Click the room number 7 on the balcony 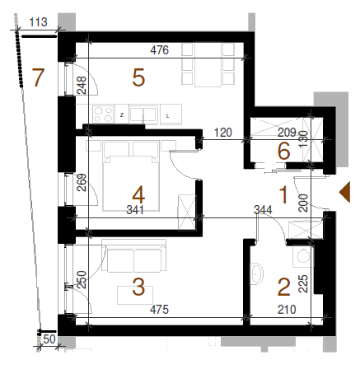pos(38,77)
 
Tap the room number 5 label pos(138,77)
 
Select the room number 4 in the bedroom pos(138,194)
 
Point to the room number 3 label pos(138,287)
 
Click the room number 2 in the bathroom pos(284,287)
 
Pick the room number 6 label pos(283,151)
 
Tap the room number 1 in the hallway pos(283,194)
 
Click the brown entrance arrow pos(344,192)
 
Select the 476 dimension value pos(160,50)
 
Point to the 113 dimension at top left pos(38,22)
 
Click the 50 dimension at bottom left pos(49,339)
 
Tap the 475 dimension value pos(159,310)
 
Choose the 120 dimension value pos(223,133)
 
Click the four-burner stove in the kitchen pos(104,114)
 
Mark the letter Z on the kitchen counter pos(122,115)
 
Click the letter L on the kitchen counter pos(167,116)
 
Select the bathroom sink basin pos(256,273)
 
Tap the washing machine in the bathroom pos(302,256)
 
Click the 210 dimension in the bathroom pos(287,310)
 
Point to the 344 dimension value pos(263,210)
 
